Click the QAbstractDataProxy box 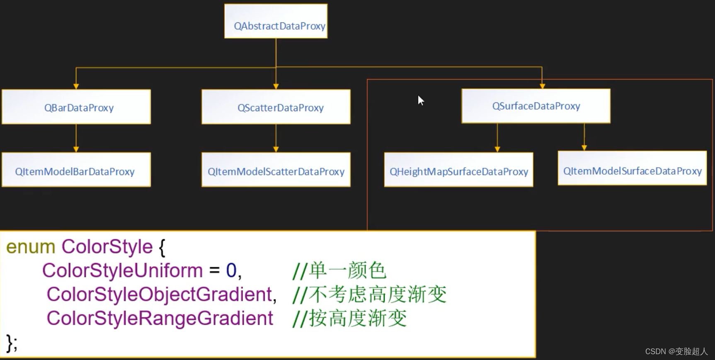coord(276,22)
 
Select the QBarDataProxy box coord(76,107)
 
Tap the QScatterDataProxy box coord(276,107)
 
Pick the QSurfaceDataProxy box coord(536,106)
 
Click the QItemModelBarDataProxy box coord(76,170)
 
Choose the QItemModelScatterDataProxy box coord(276,170)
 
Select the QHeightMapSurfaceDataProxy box coord(458,170)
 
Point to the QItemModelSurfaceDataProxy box coord(632,168)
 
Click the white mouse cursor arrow coord(421,100)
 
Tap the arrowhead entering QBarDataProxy coord(76,86)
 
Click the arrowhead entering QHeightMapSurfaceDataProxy coord(497,149)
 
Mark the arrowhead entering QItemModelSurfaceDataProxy coord(584,148)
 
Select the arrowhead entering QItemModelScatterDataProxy coord(276,149)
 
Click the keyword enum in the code coord(31,247)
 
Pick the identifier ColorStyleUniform coord(122,270)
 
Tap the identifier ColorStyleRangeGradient coord(160,319)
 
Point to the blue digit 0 coord(231,271)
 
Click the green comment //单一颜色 coord(339,271)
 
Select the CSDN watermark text coord(676,352)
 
